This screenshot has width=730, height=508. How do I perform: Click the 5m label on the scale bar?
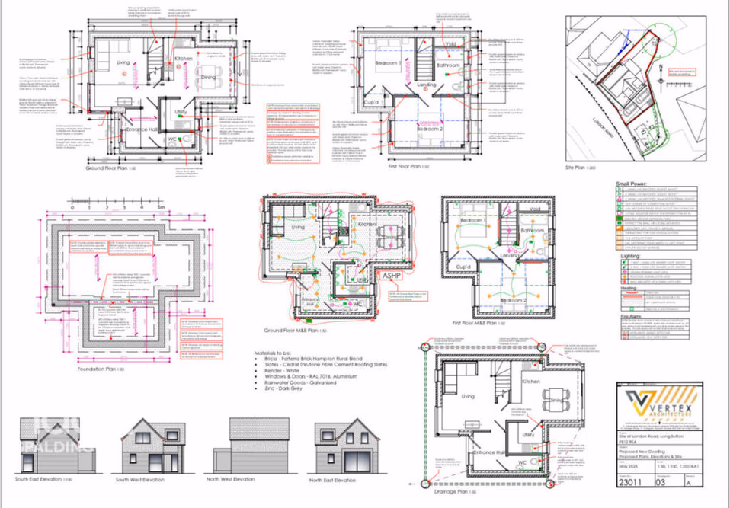(x=160, y=206)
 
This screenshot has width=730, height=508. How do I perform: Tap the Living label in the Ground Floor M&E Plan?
(x=297, y=227)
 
